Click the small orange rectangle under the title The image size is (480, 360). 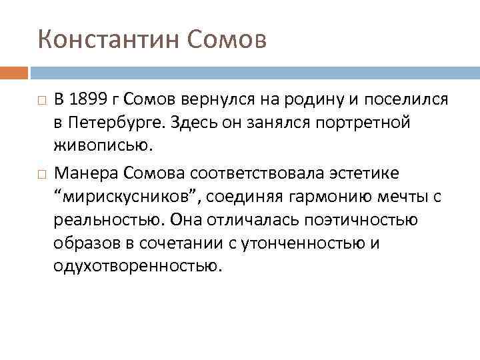click(x=14, y=72)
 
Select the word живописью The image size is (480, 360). click(x=94, y=146)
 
